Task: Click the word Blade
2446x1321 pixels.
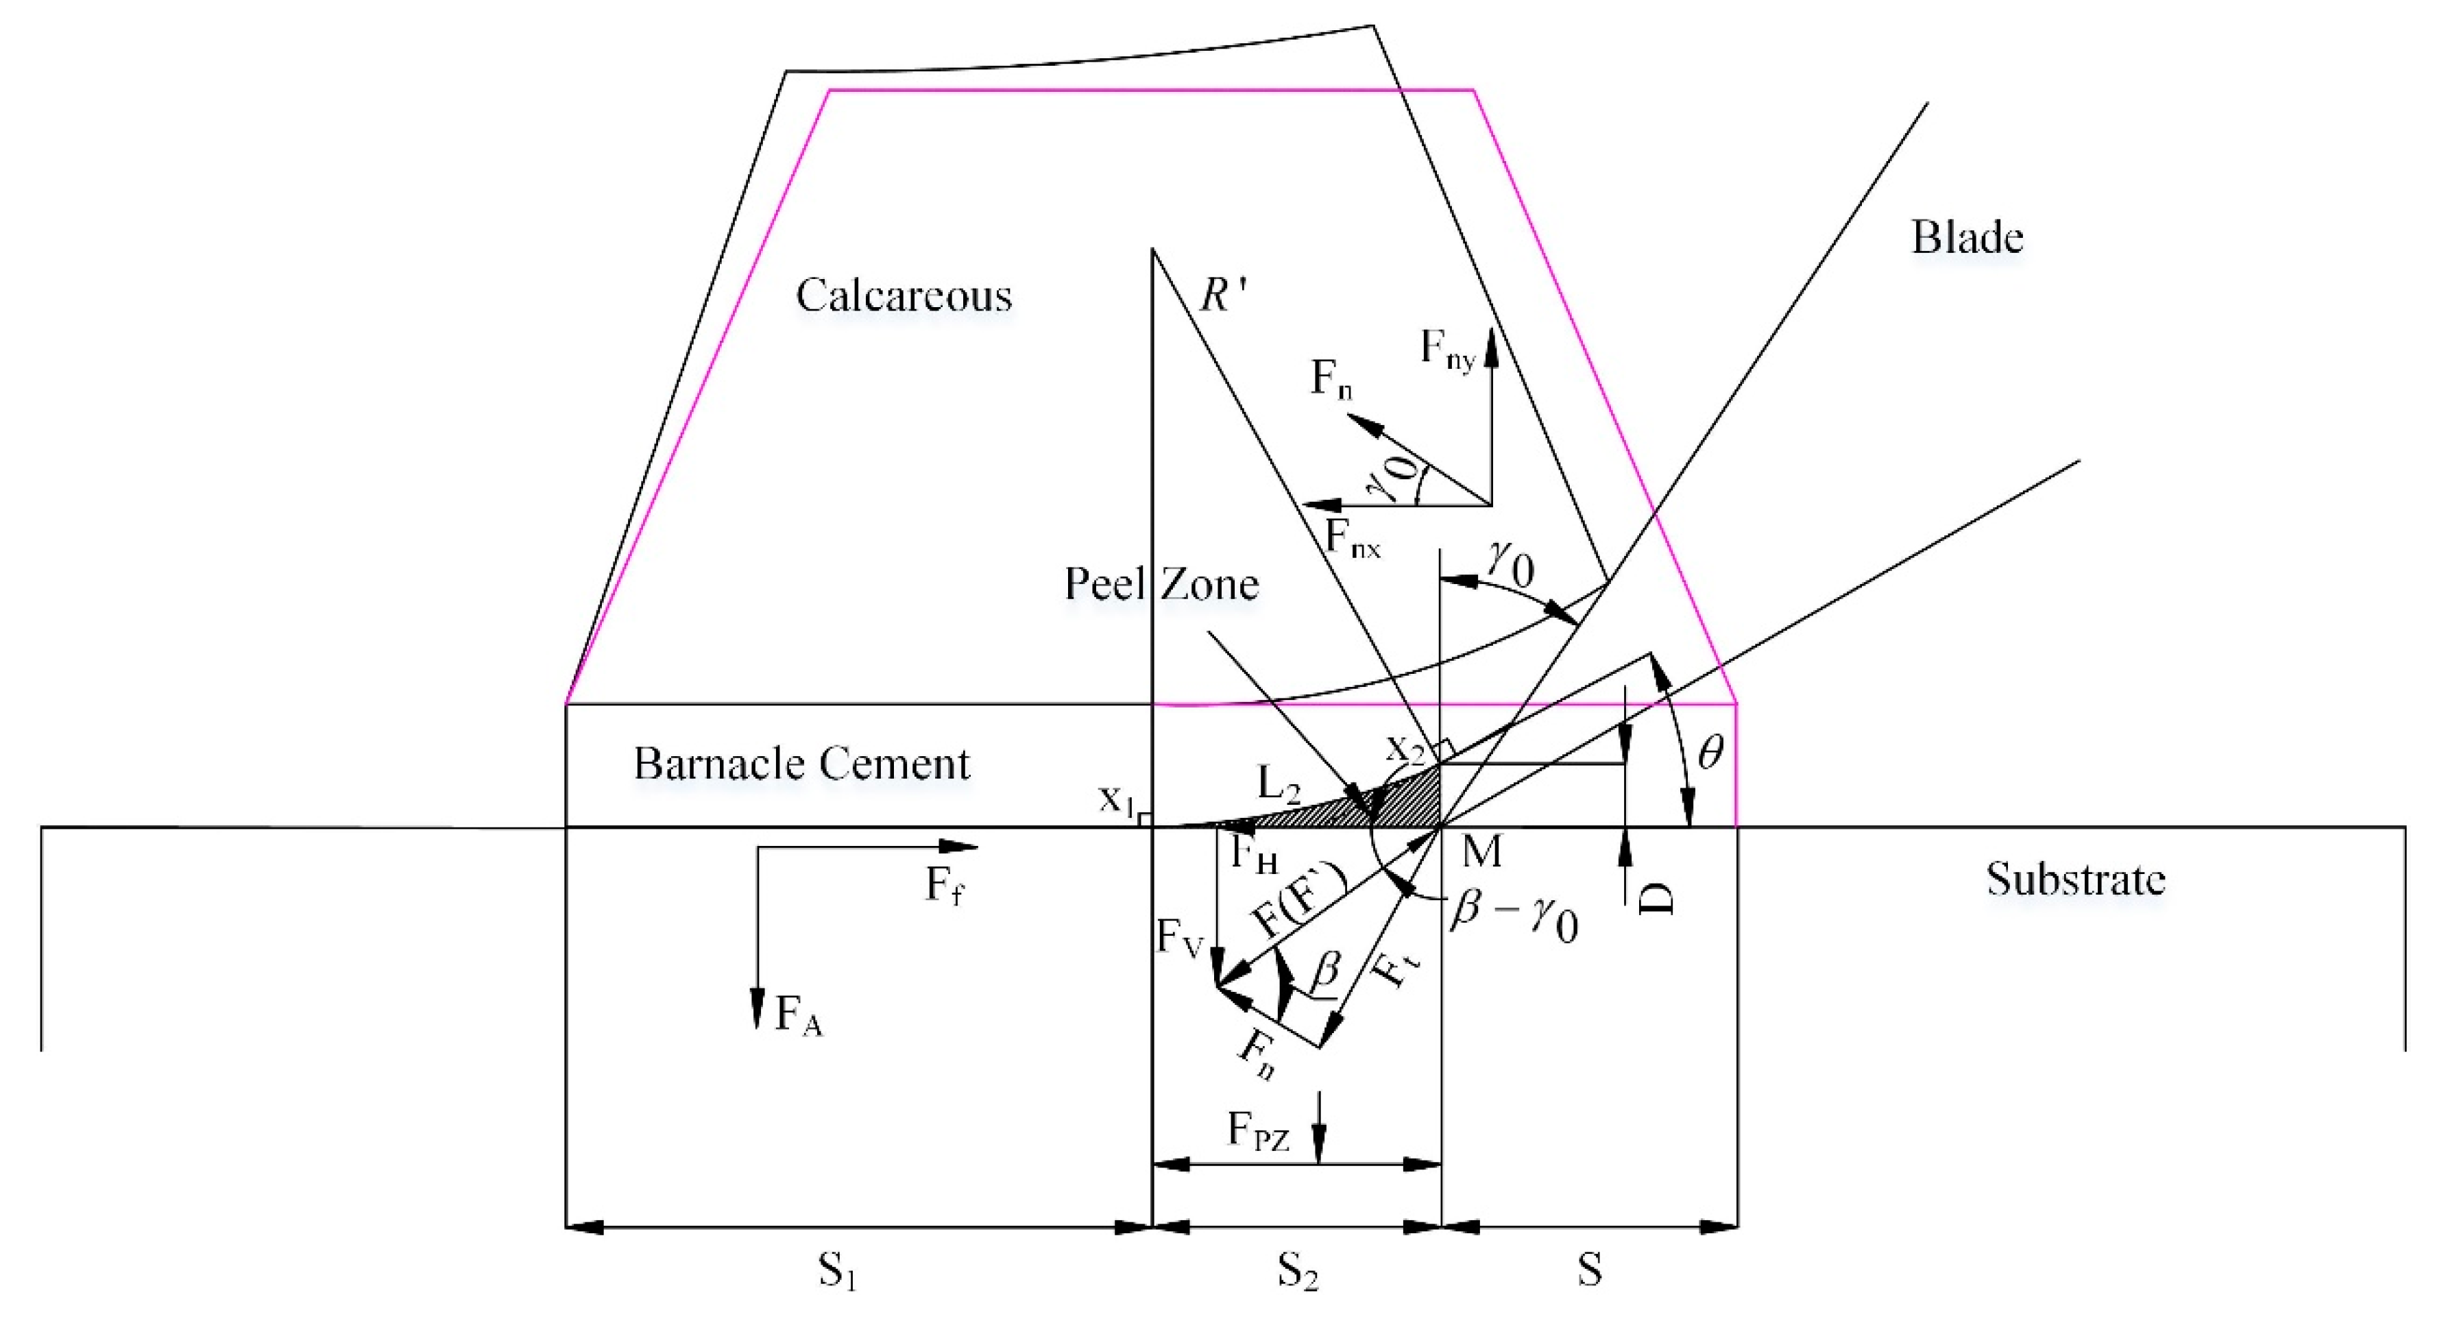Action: click(x=1967, y=237)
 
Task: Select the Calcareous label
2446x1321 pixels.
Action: click(x=903, y=295)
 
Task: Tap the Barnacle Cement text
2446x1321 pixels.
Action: click(x=801, y=764)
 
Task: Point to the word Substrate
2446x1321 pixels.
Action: click(x=2076, y=880)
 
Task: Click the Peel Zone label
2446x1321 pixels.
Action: click(x=1161, y=583)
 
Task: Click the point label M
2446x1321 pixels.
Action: click(x=1481, y=852)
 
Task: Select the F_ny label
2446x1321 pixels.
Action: click(x=1446, y=350)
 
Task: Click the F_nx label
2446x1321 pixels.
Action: click(x=1352, y=540)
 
